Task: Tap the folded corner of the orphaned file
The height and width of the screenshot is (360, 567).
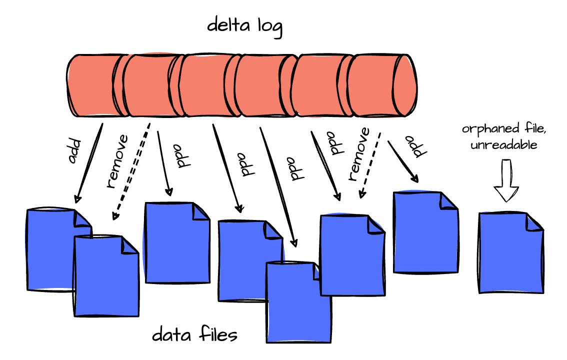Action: pos(534,221)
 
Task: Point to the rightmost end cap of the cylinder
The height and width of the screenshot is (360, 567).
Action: pos(404,85)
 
